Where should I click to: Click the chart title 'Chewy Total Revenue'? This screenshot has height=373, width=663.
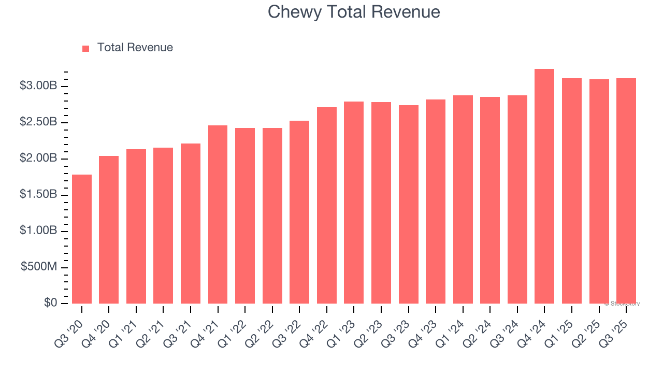354,12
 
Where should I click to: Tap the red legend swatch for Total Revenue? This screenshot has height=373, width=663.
86,48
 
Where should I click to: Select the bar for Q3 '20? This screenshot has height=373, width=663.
82,239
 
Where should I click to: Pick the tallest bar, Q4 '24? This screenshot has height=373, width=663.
544,186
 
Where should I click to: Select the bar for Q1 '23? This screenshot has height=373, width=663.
354,202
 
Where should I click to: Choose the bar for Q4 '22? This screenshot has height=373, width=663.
327,205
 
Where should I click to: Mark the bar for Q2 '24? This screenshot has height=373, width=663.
490,200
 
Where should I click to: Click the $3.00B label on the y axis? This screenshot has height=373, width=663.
38,86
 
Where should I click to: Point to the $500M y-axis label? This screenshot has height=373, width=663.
39,267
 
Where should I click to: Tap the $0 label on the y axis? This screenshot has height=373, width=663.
50,303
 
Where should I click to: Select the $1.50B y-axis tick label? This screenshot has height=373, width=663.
38,194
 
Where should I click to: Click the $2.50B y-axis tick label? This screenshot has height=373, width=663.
38,122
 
